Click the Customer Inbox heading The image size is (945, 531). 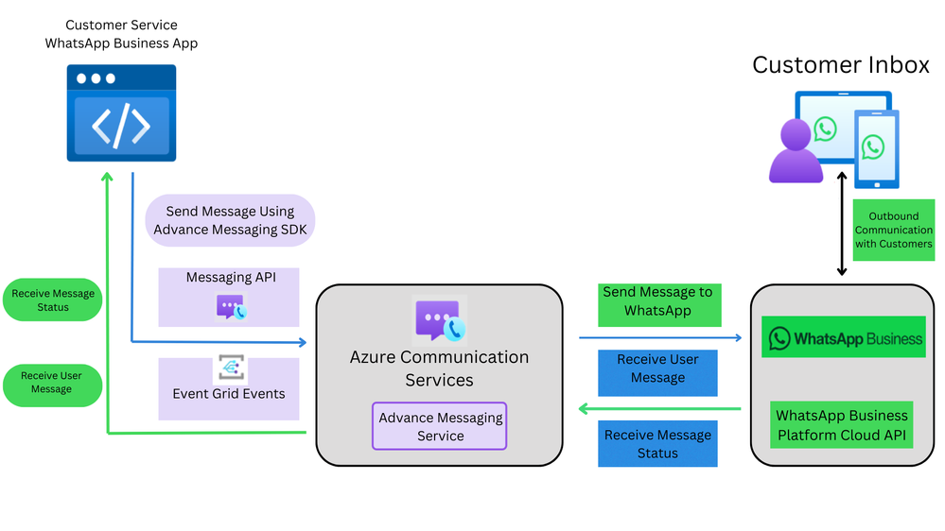click(x=841, y=65)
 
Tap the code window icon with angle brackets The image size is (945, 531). click(x=121, y=112)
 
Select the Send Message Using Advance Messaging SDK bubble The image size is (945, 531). click(x=230, y=221)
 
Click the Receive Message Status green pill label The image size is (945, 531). click(x=53, y=300)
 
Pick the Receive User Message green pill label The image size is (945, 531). click(x=52, y=382)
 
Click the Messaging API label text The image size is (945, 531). click(x=229, y=277)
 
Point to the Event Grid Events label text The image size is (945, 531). click(x=229, y=394)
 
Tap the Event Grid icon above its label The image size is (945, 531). click(x=229, y=368)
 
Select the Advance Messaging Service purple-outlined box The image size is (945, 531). click(x=440, y=426)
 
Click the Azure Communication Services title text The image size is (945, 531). click(x=440, y=368)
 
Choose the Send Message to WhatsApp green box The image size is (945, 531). click(x=658, y=301)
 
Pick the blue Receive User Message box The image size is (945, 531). click(x=657, y=368)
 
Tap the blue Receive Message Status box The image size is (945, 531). click(x=657, y=444)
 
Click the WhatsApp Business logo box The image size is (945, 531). click(x=845, y=338)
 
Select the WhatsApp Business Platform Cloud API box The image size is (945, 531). click(x=842, y=425)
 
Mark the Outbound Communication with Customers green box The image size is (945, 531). click(x=894, y=230)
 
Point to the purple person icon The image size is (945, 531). click(x=796, y=153)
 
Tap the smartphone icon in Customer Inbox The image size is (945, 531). click(x=876, y=148)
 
